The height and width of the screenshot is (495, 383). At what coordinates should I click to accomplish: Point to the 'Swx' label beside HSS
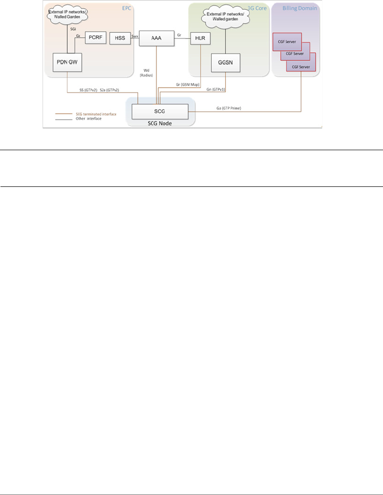(135, 36)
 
